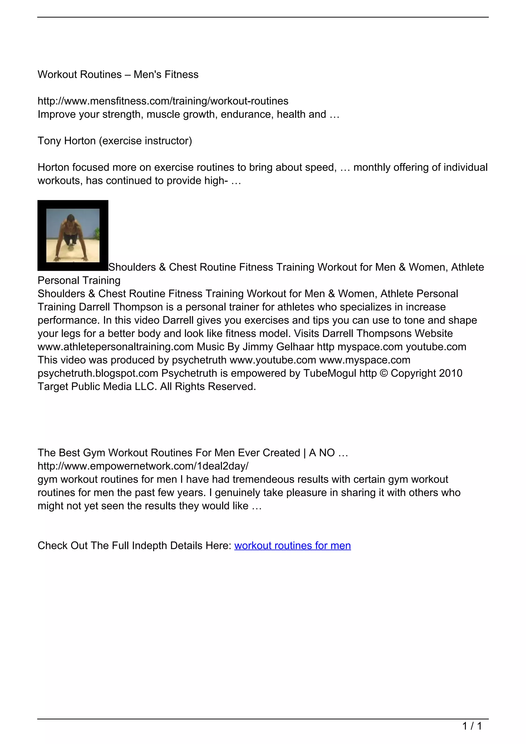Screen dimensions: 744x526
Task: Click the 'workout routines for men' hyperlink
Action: [293, 546]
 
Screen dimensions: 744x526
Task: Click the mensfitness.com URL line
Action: [163, 101]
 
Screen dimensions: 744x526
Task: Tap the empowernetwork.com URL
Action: [143, 466]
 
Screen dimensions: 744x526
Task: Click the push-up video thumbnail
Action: [73, 236]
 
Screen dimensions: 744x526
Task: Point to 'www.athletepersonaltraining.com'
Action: [115, 347]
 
